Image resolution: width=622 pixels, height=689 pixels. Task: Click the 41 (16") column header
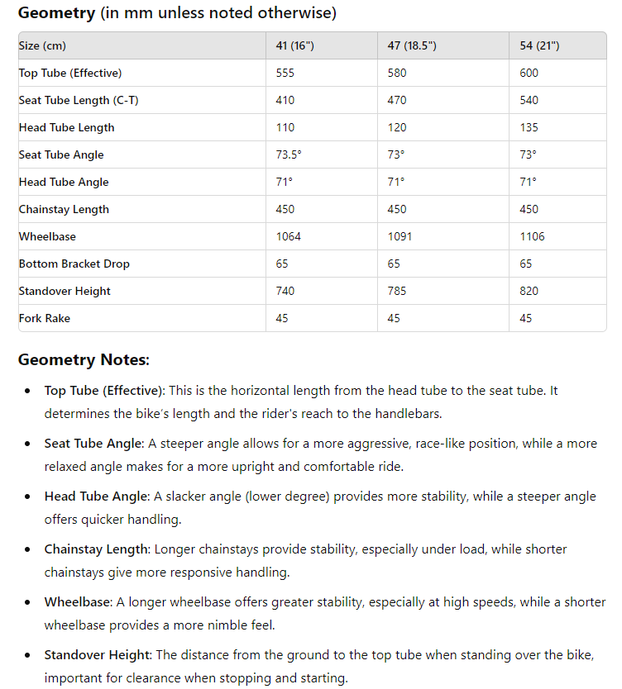[294, 45]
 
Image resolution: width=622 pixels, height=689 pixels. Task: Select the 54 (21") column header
[539, 45]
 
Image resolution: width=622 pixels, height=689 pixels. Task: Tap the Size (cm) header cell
[42, 45]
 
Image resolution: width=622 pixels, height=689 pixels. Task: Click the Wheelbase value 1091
[400, 236]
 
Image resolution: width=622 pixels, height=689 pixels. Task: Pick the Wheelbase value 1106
[532, 236]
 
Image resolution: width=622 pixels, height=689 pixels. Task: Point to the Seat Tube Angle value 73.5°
[289, 154]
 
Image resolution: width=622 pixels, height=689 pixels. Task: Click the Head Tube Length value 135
[529, 127]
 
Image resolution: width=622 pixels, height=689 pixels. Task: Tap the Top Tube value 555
[285, 73]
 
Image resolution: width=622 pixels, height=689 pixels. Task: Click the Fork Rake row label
[45, 318]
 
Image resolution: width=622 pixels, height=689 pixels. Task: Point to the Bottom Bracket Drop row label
[74, 264]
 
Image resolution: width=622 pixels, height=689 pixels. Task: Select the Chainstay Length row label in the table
[64, 209]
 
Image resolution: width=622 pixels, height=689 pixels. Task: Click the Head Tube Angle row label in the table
[64, 182]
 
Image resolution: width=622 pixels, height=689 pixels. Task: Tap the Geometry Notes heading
[84, 360]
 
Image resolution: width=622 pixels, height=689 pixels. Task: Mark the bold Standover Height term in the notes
[98, 654]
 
